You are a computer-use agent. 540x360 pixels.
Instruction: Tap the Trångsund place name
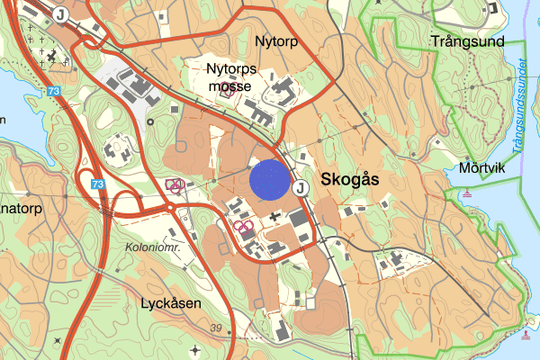[465, 41]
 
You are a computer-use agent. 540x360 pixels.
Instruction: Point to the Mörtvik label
[478, 166]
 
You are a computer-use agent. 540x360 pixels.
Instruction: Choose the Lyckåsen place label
[170, 302]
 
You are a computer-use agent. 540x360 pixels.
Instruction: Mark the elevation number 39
[215, 328]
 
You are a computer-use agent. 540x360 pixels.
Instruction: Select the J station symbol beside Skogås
[301, 187]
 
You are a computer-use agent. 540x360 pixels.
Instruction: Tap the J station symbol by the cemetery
[60, 13]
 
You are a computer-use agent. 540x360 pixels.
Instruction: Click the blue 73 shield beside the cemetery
[55, 91]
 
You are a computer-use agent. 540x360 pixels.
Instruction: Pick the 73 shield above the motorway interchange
[98, 184]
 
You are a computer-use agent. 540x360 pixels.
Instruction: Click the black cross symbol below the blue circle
[274, 217]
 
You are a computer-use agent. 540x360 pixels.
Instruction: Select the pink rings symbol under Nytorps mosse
[228, 90]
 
